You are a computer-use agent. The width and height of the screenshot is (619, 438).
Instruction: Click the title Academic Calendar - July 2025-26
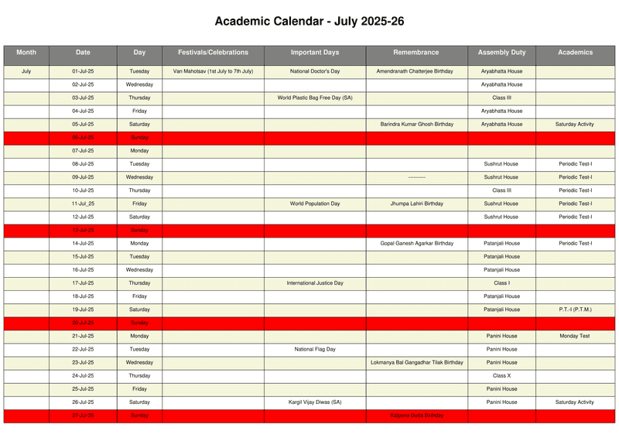(x=309, y=22)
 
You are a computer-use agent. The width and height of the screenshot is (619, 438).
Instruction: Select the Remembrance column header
(x=416, y=53)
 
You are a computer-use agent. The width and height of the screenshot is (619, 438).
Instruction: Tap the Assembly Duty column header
(x=501, y=53)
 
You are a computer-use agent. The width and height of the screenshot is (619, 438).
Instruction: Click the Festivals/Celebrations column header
(x=213, y=53)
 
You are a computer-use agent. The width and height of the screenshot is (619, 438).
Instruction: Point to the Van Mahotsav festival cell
(x=213, y=71)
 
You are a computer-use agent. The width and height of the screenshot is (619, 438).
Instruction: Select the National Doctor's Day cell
(x=315, y=71)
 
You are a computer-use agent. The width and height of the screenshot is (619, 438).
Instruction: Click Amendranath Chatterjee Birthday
(x=415, y=71)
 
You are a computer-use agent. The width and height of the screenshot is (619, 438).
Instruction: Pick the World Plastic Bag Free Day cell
(x=315, y=98)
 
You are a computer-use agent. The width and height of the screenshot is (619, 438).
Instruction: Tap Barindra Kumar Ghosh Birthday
(x=416, y=124)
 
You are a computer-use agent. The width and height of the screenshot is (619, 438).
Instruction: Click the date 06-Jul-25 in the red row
(x=83, y=138)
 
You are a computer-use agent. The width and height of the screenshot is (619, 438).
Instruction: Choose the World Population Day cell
(x=315, y=204)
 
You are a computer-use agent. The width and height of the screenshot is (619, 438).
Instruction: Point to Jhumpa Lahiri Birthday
(x=416, y=204)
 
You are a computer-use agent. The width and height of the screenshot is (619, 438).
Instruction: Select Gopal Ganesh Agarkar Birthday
(x=416, y=243)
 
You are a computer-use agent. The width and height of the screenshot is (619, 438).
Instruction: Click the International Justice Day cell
(x=315, y=283)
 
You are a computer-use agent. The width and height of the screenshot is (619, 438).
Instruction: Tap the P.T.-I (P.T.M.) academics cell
(x=575, y=310)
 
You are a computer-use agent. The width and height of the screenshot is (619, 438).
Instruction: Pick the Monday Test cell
(x=575, y=336)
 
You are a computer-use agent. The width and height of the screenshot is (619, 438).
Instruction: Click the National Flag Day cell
(x=315, y=349)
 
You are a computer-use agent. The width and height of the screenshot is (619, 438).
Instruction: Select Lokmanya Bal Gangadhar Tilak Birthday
(x=416, y=362)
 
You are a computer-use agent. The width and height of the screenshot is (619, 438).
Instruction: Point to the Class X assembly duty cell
(x=501, y=375)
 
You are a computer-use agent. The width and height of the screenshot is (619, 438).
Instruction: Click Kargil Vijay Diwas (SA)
(x=315, y=402)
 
